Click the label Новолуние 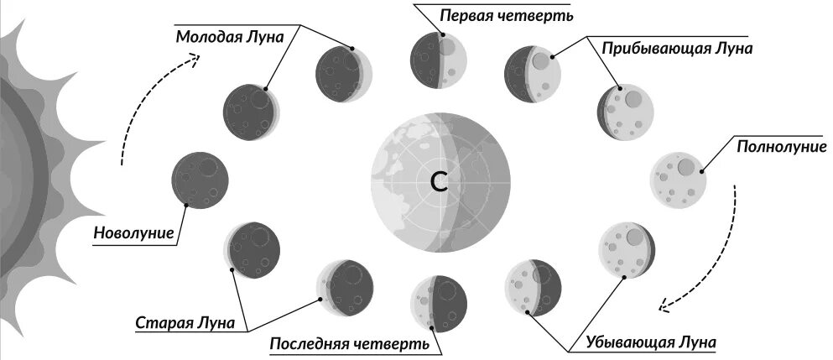(x=133, y=232)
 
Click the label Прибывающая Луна (x=676, y=48)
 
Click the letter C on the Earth (x=440, y=181)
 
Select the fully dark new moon (x=200, y=180)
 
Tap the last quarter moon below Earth (x=439, y=302)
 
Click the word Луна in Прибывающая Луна (x=731, y=48)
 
